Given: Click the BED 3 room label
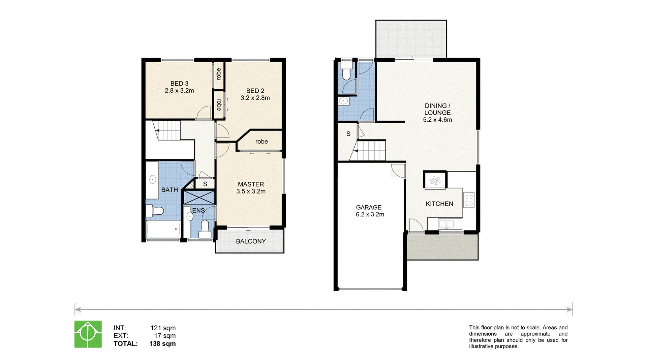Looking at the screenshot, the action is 179,83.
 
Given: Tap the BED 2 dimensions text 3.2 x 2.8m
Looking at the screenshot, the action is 255,98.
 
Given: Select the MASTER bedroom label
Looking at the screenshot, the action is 251,184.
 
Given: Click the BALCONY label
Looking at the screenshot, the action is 251,241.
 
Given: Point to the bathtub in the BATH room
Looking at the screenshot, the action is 163,229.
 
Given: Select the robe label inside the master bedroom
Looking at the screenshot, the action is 261,142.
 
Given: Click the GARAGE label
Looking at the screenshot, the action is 369,207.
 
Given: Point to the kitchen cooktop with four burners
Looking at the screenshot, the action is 469,200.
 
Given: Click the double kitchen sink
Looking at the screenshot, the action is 446,224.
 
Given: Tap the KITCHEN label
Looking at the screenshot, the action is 439,204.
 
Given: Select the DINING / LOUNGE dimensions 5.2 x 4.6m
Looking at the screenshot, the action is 437,120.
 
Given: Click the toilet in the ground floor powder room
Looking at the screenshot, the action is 346,71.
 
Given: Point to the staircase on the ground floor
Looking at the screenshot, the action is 370,151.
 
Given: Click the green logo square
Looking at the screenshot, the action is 88,334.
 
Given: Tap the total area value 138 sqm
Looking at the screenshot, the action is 162,344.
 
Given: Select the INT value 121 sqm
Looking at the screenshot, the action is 163,328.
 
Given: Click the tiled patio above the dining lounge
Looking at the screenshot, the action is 411,39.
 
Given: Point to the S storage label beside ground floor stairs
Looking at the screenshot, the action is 348,134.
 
